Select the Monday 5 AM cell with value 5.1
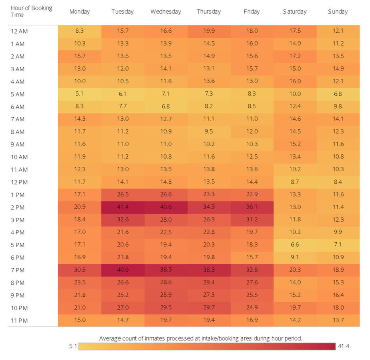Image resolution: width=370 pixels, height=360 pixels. pyautogui.click(x=79, y=94)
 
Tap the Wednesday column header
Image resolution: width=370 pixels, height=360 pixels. pyautogui.click(x=165, y=12)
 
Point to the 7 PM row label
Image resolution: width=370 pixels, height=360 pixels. pyautogui.click(x=18, y=270)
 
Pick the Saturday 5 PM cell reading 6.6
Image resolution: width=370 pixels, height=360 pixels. pyautogui.click(x=295, y=245)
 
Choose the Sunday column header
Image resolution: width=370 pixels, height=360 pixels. pyautogui.click(x=338, y=12)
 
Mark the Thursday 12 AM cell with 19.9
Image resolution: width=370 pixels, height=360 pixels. pyautogui.click(x=209, y=31)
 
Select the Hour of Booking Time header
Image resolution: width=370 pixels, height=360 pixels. pyautogui.click(x=31, y=11)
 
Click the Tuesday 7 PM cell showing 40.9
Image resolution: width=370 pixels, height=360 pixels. pyautogui.click(x=123, y=270)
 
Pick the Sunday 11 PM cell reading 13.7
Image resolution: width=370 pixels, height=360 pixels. pyautogui.click(x=338, y=320)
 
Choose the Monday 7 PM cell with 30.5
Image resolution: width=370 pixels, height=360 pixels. pyautogui.click(x=79, y=270)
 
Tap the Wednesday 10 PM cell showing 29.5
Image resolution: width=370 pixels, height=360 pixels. pyautogui.click(x=165, y=308)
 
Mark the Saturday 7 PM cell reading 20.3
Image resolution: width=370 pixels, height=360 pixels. pyautogui.click(x=295, y=270)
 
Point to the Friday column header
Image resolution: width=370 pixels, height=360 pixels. pyautogui.click(x=251, y=12)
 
